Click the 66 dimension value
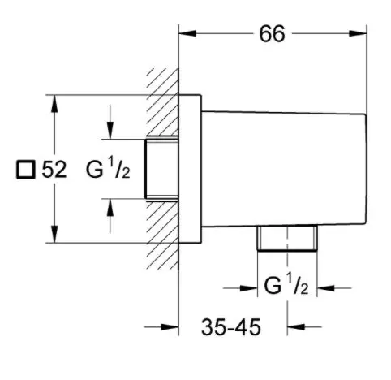point(272,34)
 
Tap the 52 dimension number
point(54,170)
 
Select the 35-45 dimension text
point(231,327)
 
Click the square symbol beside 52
point(26,170)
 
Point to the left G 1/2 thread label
point(108,168)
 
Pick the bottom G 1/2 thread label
point(286,284)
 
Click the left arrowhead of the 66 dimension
point(187,33)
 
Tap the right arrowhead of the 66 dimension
point(358,33)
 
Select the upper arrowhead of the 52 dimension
point(54,103)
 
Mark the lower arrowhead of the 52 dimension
point(54,234)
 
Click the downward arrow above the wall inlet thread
point(110,122)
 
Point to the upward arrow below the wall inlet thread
point(110,216)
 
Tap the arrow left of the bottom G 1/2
point(240,288)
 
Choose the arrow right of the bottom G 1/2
point(334,288)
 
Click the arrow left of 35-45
point(161,327)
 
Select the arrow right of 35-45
point(304,327)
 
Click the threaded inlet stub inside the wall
point(161,169)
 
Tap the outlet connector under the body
point(287,238)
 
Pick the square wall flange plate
point(190,169)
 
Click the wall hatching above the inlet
point(163,102)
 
